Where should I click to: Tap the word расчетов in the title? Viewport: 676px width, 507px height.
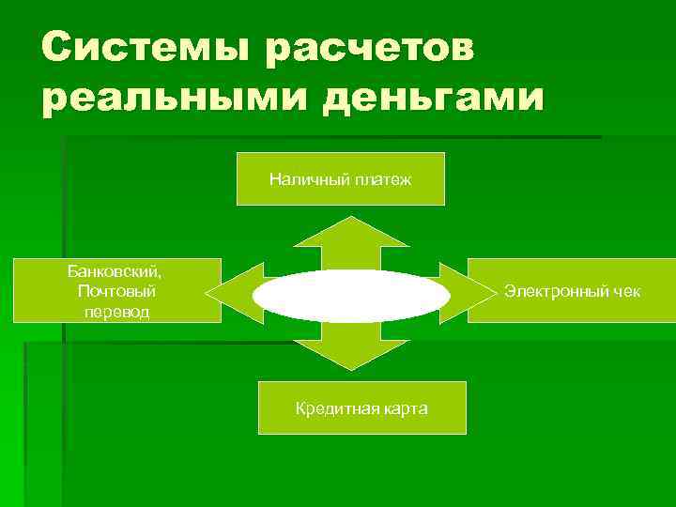370,48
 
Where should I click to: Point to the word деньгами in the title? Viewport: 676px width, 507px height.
433,98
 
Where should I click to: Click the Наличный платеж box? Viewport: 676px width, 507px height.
340,178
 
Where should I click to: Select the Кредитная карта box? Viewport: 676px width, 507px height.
361,407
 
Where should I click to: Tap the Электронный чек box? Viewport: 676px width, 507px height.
572,291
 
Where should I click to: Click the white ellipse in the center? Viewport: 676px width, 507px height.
351,296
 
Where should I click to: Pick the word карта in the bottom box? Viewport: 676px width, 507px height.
404,408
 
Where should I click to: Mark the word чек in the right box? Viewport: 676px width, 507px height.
626,291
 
